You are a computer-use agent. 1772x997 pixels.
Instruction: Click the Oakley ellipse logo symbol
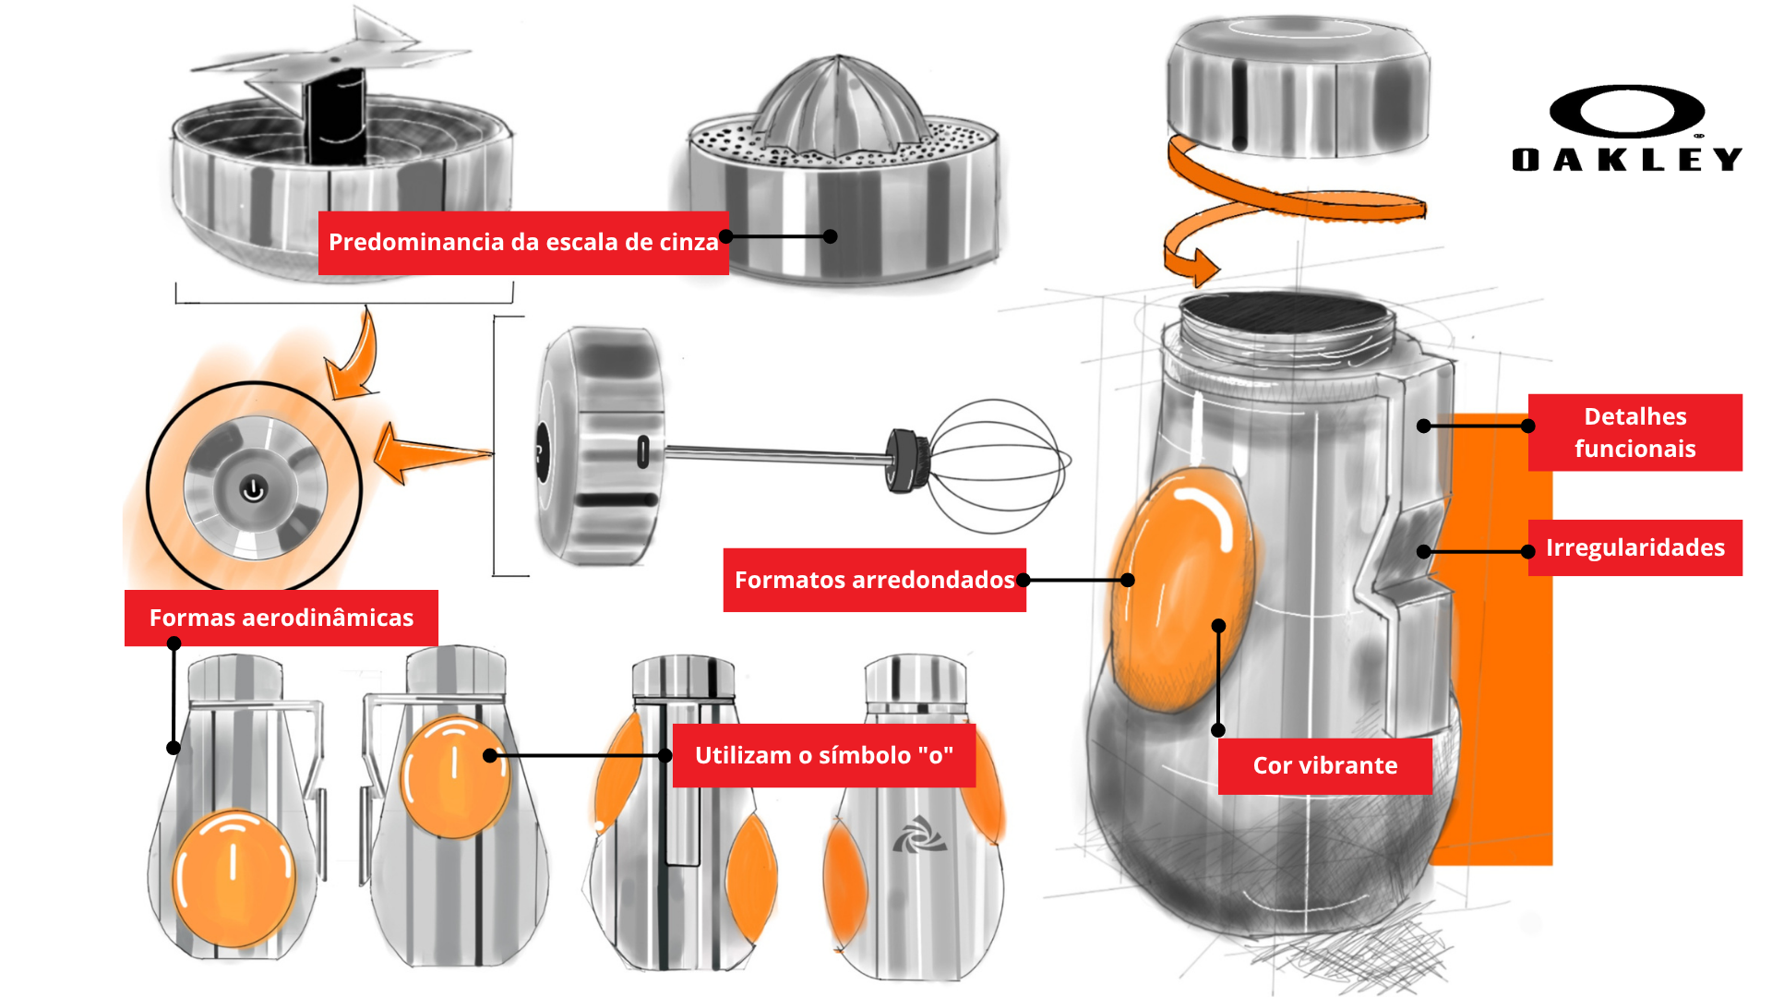1626,112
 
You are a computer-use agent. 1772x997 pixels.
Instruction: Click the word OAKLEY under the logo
1626,160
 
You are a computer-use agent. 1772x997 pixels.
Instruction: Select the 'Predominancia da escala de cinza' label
523,243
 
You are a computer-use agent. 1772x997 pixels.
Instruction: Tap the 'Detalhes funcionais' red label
1634,433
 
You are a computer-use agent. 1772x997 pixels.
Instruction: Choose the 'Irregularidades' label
1634,548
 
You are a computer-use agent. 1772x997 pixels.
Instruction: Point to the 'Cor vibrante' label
1324,766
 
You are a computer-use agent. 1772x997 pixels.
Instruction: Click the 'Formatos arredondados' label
874,581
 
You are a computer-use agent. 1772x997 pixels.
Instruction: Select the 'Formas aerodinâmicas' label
281,619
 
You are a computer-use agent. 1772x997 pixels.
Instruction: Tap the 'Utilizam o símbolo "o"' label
823,756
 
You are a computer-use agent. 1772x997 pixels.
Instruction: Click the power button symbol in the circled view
254,489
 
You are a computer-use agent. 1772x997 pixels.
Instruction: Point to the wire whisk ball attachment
997,465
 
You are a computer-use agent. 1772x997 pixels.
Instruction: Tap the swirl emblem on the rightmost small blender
918,835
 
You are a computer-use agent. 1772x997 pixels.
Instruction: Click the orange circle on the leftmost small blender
234,877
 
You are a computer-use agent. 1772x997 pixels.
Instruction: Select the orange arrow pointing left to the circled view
429,452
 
